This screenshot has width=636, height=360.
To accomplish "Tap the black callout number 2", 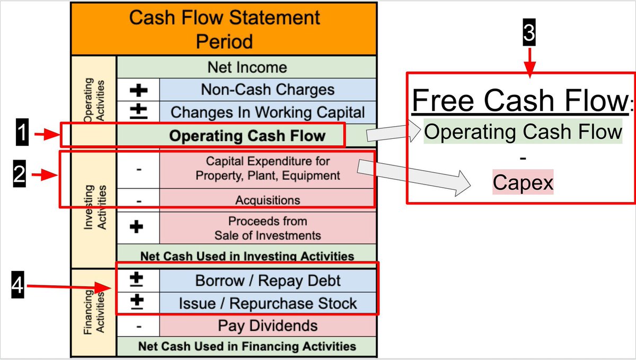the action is [19, 175].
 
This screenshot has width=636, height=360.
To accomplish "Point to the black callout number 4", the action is [17, 287].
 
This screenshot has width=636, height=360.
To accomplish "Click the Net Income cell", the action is [247, 67].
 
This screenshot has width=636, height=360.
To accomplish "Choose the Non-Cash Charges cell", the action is [268, 90].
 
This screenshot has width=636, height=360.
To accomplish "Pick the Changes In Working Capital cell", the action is [268, 112].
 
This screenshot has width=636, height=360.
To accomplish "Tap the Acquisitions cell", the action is [268, 200].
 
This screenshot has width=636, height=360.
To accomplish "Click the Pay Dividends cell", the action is [268, 326].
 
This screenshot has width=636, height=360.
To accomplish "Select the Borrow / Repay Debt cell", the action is [268, 280].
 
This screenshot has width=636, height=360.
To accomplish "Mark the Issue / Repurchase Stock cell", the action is [268, 303].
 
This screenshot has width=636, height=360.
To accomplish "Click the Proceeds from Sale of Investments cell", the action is [268, 227].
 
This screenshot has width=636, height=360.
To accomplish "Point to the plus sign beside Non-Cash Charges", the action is [138, 90].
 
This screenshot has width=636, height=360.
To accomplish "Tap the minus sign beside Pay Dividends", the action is [138, 326].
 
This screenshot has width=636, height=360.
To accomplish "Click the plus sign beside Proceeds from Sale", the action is [138, 227].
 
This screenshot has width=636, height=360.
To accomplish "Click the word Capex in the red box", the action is [523, 183].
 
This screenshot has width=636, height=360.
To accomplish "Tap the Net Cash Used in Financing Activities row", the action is [247, 346].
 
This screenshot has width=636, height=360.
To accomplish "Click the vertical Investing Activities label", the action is [94, 207].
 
